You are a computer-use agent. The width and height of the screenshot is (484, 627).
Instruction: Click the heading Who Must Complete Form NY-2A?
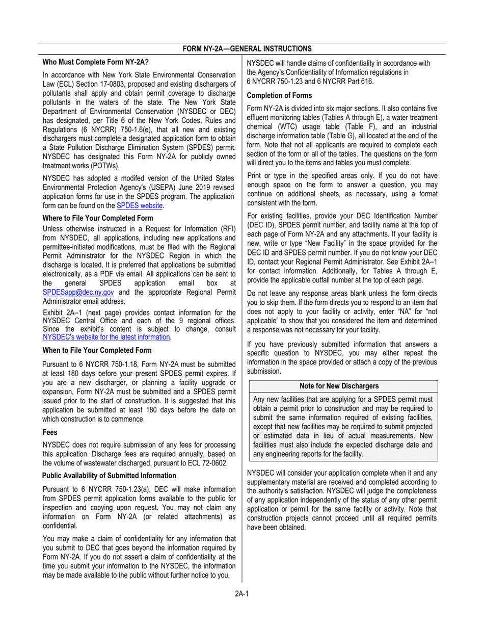click(96, 62)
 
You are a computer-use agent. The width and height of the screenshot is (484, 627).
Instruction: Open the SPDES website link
click(140, 205)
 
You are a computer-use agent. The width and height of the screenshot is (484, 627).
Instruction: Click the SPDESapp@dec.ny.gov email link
click(79, 292)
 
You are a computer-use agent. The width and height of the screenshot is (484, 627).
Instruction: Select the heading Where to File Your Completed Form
click(98, 218)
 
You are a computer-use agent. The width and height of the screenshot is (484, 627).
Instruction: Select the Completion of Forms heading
click(279, 95)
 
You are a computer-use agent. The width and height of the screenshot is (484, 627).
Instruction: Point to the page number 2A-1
click(241, 593)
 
